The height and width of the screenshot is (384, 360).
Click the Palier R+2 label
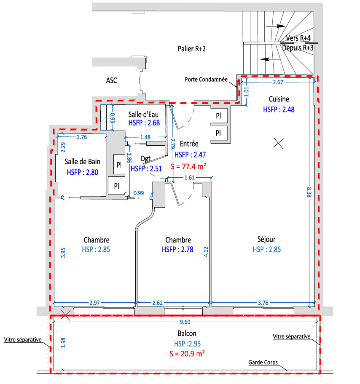pos(192,49)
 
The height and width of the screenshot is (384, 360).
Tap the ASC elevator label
pos(112,80)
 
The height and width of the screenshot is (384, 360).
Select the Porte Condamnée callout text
pos(206,80)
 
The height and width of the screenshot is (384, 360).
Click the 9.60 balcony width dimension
pos(185,322)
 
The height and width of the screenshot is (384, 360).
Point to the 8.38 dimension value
pos(309,192)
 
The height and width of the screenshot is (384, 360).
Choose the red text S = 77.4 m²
pos(188,167)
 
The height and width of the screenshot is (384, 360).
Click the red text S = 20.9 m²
pos(187,354)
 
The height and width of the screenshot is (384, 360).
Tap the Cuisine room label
pos(279,99)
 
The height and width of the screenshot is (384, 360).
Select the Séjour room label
pos(266,239)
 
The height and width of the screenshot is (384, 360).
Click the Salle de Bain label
pos(82,162)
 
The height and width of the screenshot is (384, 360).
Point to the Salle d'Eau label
pos(143,115)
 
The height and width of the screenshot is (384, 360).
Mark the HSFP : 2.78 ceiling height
pos(177,250)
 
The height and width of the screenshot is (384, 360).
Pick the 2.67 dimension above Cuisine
pos(278,82)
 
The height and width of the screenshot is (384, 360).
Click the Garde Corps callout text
pos(263,363)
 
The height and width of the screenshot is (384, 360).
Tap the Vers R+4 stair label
pos(298,38)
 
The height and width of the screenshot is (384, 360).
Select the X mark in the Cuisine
pos(278,143)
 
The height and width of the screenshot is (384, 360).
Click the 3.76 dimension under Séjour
pos(263,303)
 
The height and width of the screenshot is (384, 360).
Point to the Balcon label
pos(187,333)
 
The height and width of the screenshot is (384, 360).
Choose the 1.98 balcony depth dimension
pos(63,342)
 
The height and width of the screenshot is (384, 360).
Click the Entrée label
pos(189,144)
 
